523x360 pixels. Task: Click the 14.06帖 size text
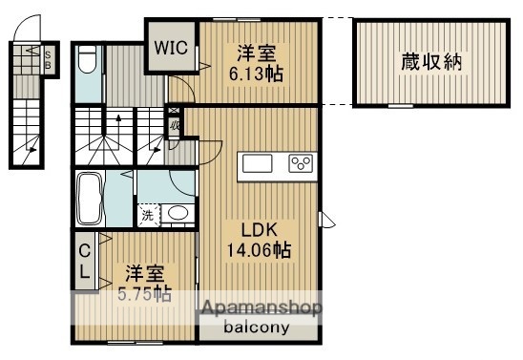(x=259, y=251)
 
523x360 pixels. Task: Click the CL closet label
(x=84, y=261)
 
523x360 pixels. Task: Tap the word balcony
(x=257, y=327)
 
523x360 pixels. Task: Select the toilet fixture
(x=86, y=62)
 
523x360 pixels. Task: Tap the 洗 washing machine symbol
(x=148, y=215)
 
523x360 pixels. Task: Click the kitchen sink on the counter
(x=259, y=163)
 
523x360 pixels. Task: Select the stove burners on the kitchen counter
(x=302, y=162)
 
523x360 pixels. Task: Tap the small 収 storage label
(x=176, y=124)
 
